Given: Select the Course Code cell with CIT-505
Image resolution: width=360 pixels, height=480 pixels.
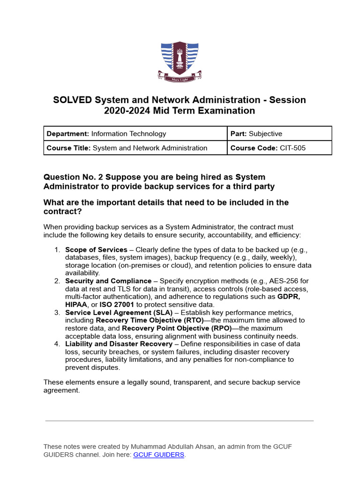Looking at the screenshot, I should point(279,148).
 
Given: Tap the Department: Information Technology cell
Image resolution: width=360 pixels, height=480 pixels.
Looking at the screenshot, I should point(135,134).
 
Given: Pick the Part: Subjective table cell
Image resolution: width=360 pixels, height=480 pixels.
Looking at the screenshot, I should point(279,134).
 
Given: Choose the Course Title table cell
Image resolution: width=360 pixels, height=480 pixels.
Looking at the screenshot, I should point(135,148).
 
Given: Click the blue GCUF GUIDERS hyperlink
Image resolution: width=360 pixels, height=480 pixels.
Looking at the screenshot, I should point(159,455).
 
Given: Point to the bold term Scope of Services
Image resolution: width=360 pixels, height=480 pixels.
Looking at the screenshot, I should point(96,250).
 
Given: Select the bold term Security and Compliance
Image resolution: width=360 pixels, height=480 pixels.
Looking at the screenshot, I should point(108,281).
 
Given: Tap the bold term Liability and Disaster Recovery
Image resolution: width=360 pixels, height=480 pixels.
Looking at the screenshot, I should point(119,344).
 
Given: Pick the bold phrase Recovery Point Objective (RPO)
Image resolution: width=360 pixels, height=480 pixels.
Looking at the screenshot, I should point(177,328).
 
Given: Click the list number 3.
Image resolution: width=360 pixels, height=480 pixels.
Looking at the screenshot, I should point(57,312).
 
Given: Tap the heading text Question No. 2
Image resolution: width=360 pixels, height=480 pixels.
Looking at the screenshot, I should point(73,177).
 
